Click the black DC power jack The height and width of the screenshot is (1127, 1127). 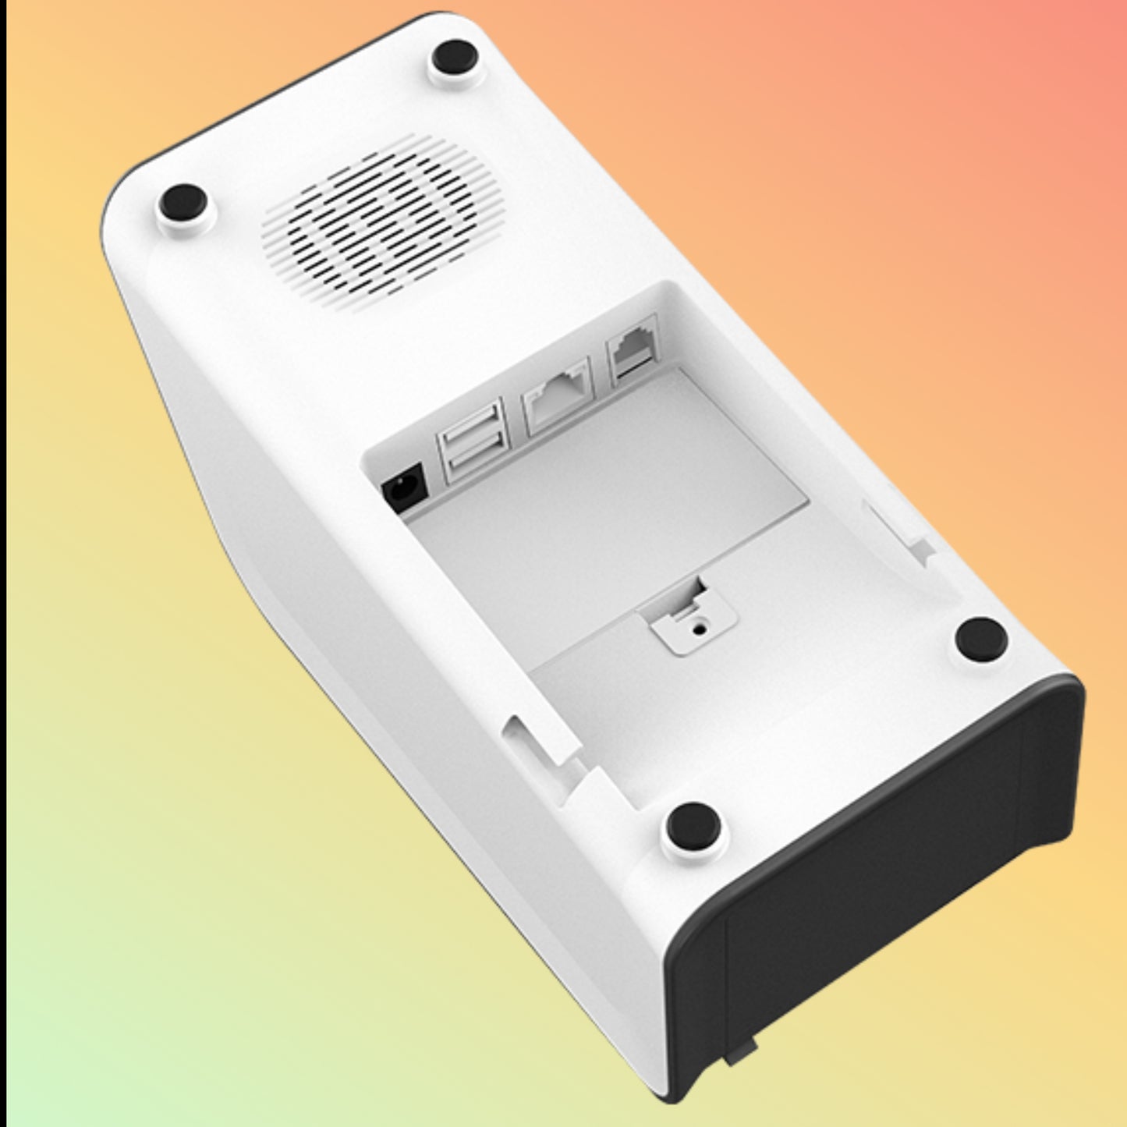click(x=403, y=488)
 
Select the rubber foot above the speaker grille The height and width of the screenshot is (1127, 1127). click(x=456, y=57)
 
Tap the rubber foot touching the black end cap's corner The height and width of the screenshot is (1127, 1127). click(x=981, y=638)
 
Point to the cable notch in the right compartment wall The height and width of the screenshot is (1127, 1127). click(x=897, y=530)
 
